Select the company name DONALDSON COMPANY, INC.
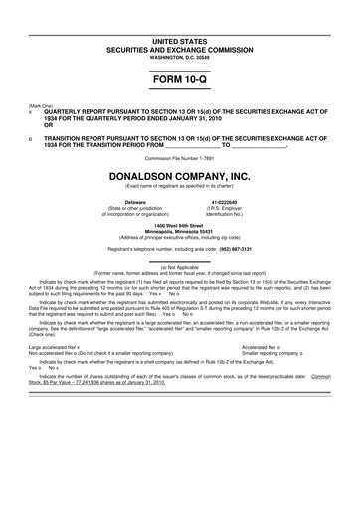180,174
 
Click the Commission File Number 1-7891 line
180,157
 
